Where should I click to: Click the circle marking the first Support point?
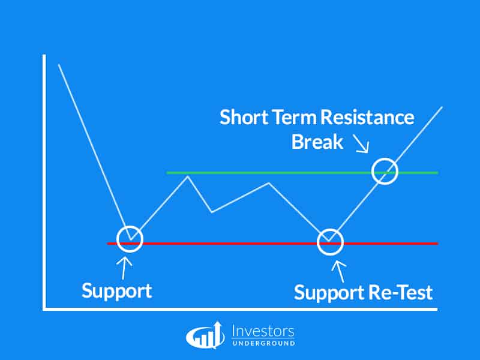[x=130, y=227]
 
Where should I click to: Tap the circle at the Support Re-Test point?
[x=330, y=230]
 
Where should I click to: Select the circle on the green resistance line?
[x=385, y=159]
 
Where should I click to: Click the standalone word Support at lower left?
[x=116, y=291]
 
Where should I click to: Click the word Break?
[x=317, y=142]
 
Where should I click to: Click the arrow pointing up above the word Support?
[x=124, y=268]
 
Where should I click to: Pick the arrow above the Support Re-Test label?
[x=339, y=271]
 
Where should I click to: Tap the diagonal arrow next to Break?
[x=361, y=143]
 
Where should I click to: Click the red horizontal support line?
[x=272, y=244]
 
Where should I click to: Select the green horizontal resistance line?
[x=302, y=173]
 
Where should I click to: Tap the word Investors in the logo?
[x=263, y=331]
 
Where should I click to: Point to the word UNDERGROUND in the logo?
[x=263, y=343]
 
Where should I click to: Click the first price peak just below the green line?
[x=188, y=176]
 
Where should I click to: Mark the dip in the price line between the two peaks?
[x=212, y=212]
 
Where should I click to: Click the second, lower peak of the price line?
[x=269, y=184]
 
